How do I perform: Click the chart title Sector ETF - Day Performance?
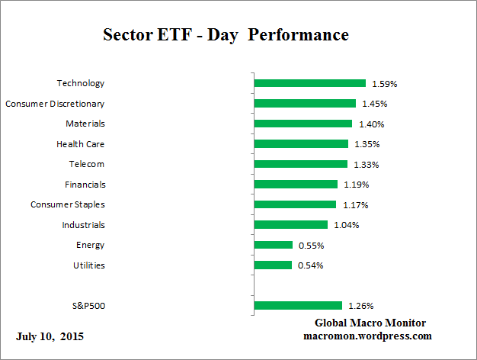(226, 36)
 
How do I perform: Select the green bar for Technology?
(309, 83)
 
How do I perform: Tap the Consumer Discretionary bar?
(305, 104)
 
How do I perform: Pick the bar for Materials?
(303, 124)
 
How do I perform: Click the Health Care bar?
(301, 143)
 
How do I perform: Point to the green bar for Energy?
(273, 245)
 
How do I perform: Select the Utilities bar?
(273, 265)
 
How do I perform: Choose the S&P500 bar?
(298, 306)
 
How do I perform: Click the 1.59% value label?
(385, 84)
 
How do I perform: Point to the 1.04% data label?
(345, 225)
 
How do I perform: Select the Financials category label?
(85, 185)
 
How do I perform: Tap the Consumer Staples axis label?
(68, 204)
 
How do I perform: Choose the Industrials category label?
(83, 225)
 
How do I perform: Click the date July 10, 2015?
(50, 336)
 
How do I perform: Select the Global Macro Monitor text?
(370, 323)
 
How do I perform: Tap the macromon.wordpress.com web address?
(367, 336)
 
